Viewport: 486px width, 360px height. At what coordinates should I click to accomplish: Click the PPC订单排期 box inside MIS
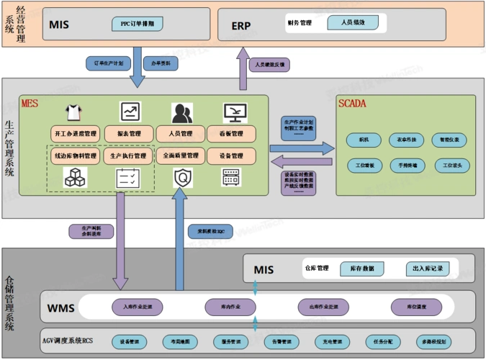137,24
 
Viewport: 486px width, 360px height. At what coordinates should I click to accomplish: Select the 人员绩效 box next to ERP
352,23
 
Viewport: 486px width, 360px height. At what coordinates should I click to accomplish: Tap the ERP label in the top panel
241,25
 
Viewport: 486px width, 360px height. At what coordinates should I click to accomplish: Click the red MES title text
30,104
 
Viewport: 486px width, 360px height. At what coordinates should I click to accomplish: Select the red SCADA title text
352,104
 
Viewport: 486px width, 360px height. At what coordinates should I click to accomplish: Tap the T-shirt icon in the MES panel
73,112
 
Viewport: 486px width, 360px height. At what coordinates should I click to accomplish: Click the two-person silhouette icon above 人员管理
181,113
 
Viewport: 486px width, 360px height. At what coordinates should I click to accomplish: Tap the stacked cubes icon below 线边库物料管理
75,177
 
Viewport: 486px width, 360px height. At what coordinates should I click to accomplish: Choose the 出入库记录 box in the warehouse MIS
428,269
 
